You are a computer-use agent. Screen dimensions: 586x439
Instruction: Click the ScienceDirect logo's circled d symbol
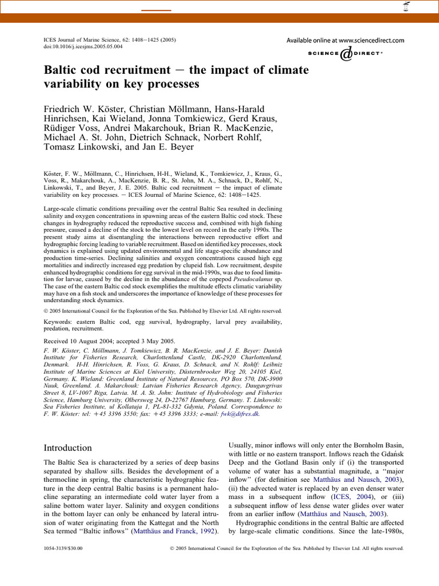[346, 54]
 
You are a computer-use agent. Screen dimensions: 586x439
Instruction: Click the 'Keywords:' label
[61, 322]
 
